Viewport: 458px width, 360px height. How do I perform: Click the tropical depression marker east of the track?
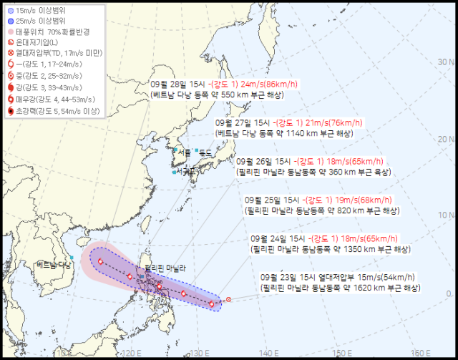click(x=228, y=299)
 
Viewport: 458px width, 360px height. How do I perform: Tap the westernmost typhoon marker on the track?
click(x=100, y=261)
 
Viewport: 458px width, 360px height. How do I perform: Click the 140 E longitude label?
click(x=268, y=352)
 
